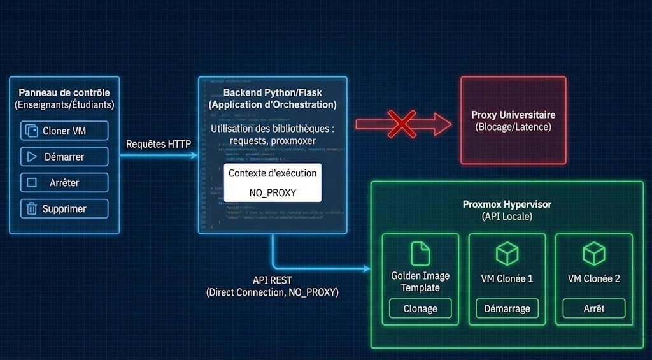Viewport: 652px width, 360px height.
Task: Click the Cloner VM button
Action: click(x=64, y=131)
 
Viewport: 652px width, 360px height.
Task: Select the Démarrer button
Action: click(x=64, y=157)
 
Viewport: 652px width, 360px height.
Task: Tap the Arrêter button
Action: click(x=64, y=183)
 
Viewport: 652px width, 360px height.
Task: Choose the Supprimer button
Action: click(x=64, y=208)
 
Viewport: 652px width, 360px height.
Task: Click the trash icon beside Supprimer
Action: click(x=31, y=208)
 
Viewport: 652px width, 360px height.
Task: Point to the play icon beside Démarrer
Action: click(x=31, y=157)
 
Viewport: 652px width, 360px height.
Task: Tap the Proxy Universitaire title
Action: click(x=513, y=115)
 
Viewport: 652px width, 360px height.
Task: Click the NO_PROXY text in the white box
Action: click(x=273, y=191)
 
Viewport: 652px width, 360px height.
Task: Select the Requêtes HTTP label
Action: click(x=159, y=145)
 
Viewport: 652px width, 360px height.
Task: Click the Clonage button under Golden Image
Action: click(x=420, y=309)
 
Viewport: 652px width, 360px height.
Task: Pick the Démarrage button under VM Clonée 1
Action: click(x=507, y=309)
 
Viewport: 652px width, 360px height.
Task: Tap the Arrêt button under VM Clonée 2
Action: click(x=593, y=309)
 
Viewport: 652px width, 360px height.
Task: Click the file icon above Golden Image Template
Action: click(x=420, y=254)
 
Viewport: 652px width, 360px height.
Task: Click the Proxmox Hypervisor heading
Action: click(x=507, y=205)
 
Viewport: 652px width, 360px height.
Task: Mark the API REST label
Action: click(x=273, y=280)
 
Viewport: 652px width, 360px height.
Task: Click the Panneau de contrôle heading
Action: click(x=64, y=93)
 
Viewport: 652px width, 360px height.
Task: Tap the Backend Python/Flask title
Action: click(x=273, y=93)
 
